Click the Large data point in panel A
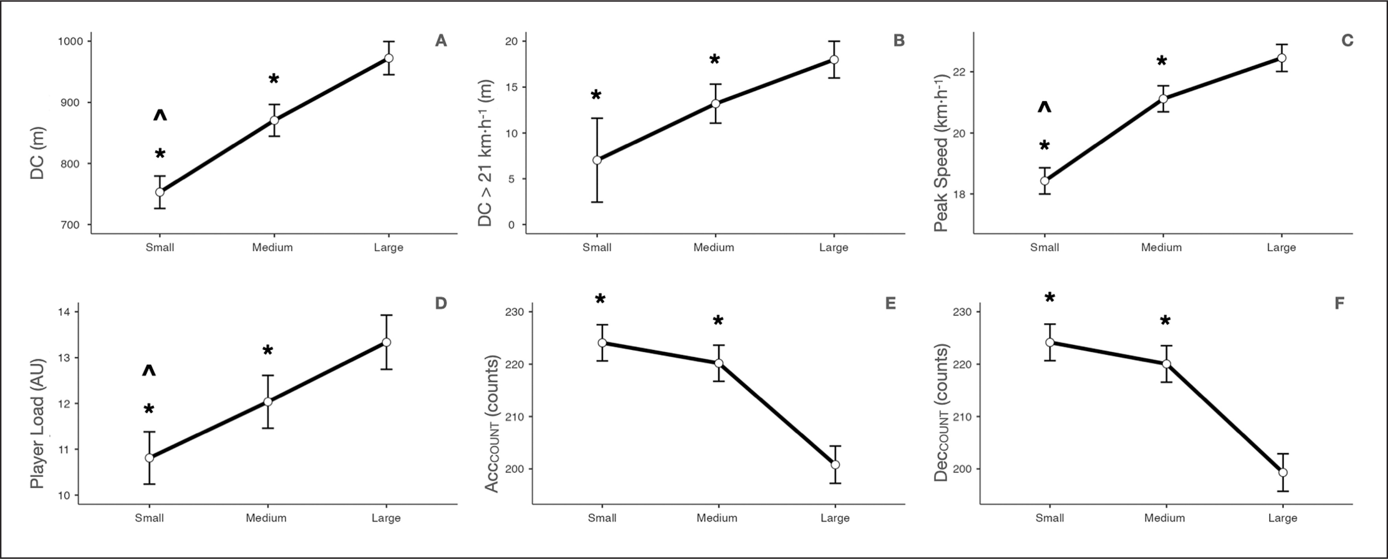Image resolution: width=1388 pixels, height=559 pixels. point(388,58)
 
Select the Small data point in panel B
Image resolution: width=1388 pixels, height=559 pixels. point(597,160)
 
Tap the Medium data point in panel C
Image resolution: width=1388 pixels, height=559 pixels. point(1163,99)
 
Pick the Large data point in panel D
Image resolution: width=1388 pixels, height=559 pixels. point(386,342)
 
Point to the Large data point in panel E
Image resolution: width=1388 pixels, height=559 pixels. point(835,465)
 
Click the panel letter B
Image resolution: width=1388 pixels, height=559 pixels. point(899,41)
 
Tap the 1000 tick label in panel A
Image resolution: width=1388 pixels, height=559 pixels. point(70,41)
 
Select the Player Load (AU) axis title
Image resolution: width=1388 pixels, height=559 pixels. point(37,423)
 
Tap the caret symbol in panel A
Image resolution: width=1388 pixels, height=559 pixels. point(160,115)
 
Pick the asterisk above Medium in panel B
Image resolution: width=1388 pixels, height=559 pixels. point(715,60)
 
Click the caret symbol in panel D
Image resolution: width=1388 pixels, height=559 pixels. point(149,371)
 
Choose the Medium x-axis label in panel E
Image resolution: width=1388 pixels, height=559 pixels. point(717,518)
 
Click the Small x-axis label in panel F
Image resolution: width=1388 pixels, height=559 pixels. point(1050,518)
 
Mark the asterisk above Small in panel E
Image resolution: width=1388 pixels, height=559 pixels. point(600,300)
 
